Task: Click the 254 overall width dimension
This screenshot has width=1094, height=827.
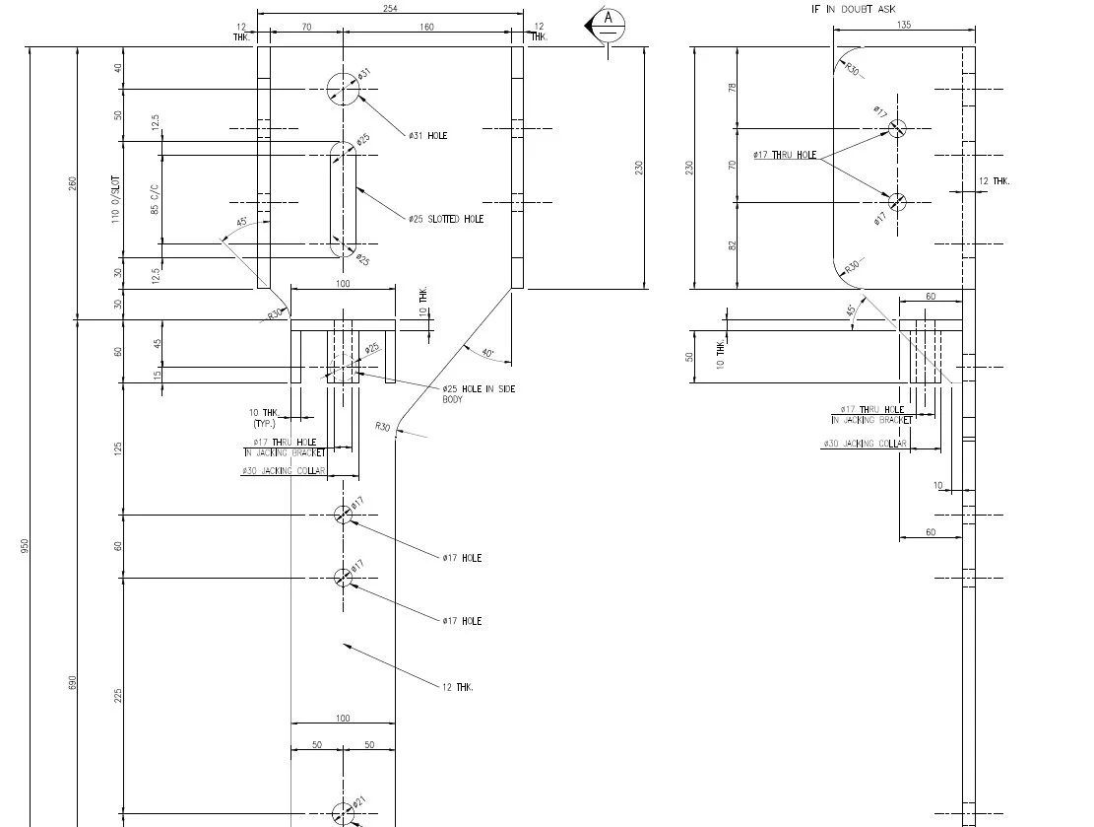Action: tap(390, 8)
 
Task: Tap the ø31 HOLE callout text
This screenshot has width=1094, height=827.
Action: tap(427, 135)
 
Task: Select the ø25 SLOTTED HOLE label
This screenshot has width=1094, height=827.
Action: tap(446, 219)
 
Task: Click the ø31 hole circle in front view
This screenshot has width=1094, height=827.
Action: tap(343, 89)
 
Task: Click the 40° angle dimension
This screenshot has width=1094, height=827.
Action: tap(487, 352)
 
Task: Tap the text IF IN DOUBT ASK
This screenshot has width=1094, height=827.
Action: tap(853, 9)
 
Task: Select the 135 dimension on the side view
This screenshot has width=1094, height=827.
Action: tap(904, 25)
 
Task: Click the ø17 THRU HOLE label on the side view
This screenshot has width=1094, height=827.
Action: tap(785, 155)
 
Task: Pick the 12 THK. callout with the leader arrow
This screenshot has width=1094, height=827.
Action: tap(457, 687)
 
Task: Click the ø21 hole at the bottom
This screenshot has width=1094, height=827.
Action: tap(343, 814)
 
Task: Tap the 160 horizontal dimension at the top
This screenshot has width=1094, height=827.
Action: tap(426, 27)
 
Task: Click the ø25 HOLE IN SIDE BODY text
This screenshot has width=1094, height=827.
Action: tap(479, 393)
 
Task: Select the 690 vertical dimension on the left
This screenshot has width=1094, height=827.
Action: tap(72, 682)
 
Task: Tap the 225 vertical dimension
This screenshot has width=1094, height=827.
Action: tap(118, 696)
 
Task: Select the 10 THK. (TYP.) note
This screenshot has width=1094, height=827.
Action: tap(265, 417)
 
